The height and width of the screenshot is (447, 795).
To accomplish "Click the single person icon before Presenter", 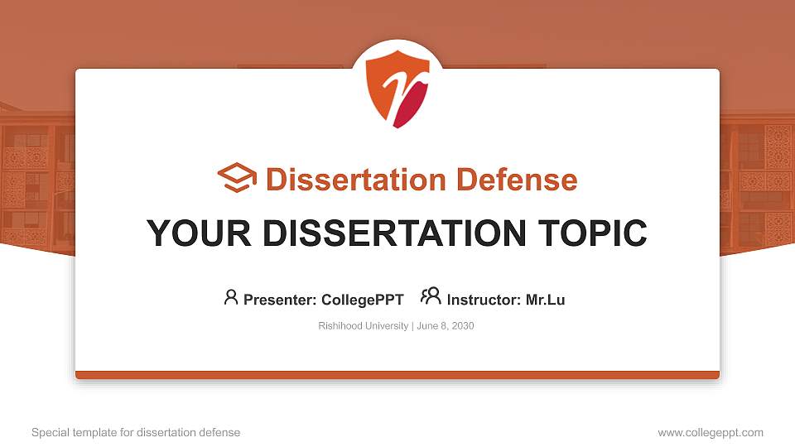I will [231, 298].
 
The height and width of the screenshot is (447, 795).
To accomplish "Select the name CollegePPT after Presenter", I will [364, 300].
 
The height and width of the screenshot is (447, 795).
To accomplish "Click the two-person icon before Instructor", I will [431, 297].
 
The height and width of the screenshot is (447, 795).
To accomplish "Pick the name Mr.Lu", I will [545, 300].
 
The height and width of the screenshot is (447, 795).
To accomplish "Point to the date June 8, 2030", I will [446, 326].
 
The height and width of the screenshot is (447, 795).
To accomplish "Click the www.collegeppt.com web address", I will [710, 432].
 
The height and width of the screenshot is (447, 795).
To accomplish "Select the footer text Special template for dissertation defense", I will [136, 432].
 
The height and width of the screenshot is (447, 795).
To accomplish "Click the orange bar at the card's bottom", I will [397, 375].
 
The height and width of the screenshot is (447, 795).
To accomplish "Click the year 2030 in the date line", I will [463, 326].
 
